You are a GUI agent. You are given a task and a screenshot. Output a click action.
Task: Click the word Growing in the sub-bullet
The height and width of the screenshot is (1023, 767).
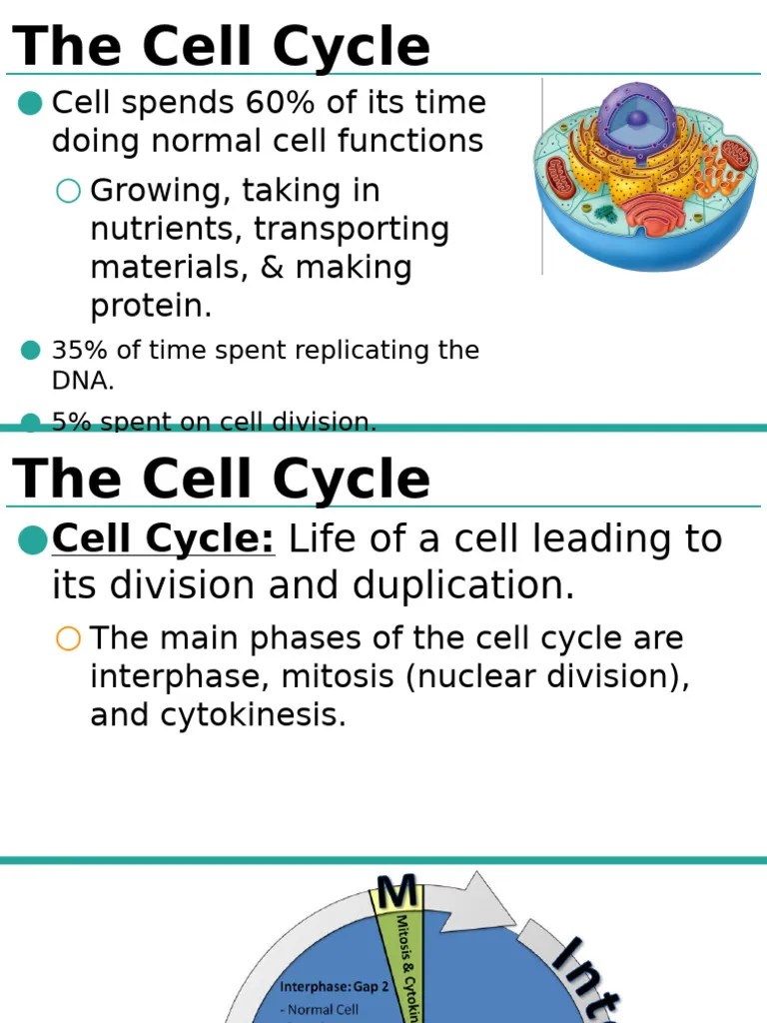pyautogui.click(x=149, y=191)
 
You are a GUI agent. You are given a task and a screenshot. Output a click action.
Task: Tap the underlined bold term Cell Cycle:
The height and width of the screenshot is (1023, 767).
pyautogui.click(x=163, y=539)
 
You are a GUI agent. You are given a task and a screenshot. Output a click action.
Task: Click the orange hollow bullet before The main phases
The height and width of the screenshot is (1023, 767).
pyautogui.click(x=68, y=639)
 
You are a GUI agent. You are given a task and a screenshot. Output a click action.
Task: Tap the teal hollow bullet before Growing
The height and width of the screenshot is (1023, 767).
pyautogui.click(x=68, y=191)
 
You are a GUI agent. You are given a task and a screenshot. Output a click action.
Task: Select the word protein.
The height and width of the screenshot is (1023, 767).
pyautogui.click(x=151, y=306)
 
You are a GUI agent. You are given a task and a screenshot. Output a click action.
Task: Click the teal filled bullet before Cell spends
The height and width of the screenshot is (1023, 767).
pyautogui.click(x=31, y=103)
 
